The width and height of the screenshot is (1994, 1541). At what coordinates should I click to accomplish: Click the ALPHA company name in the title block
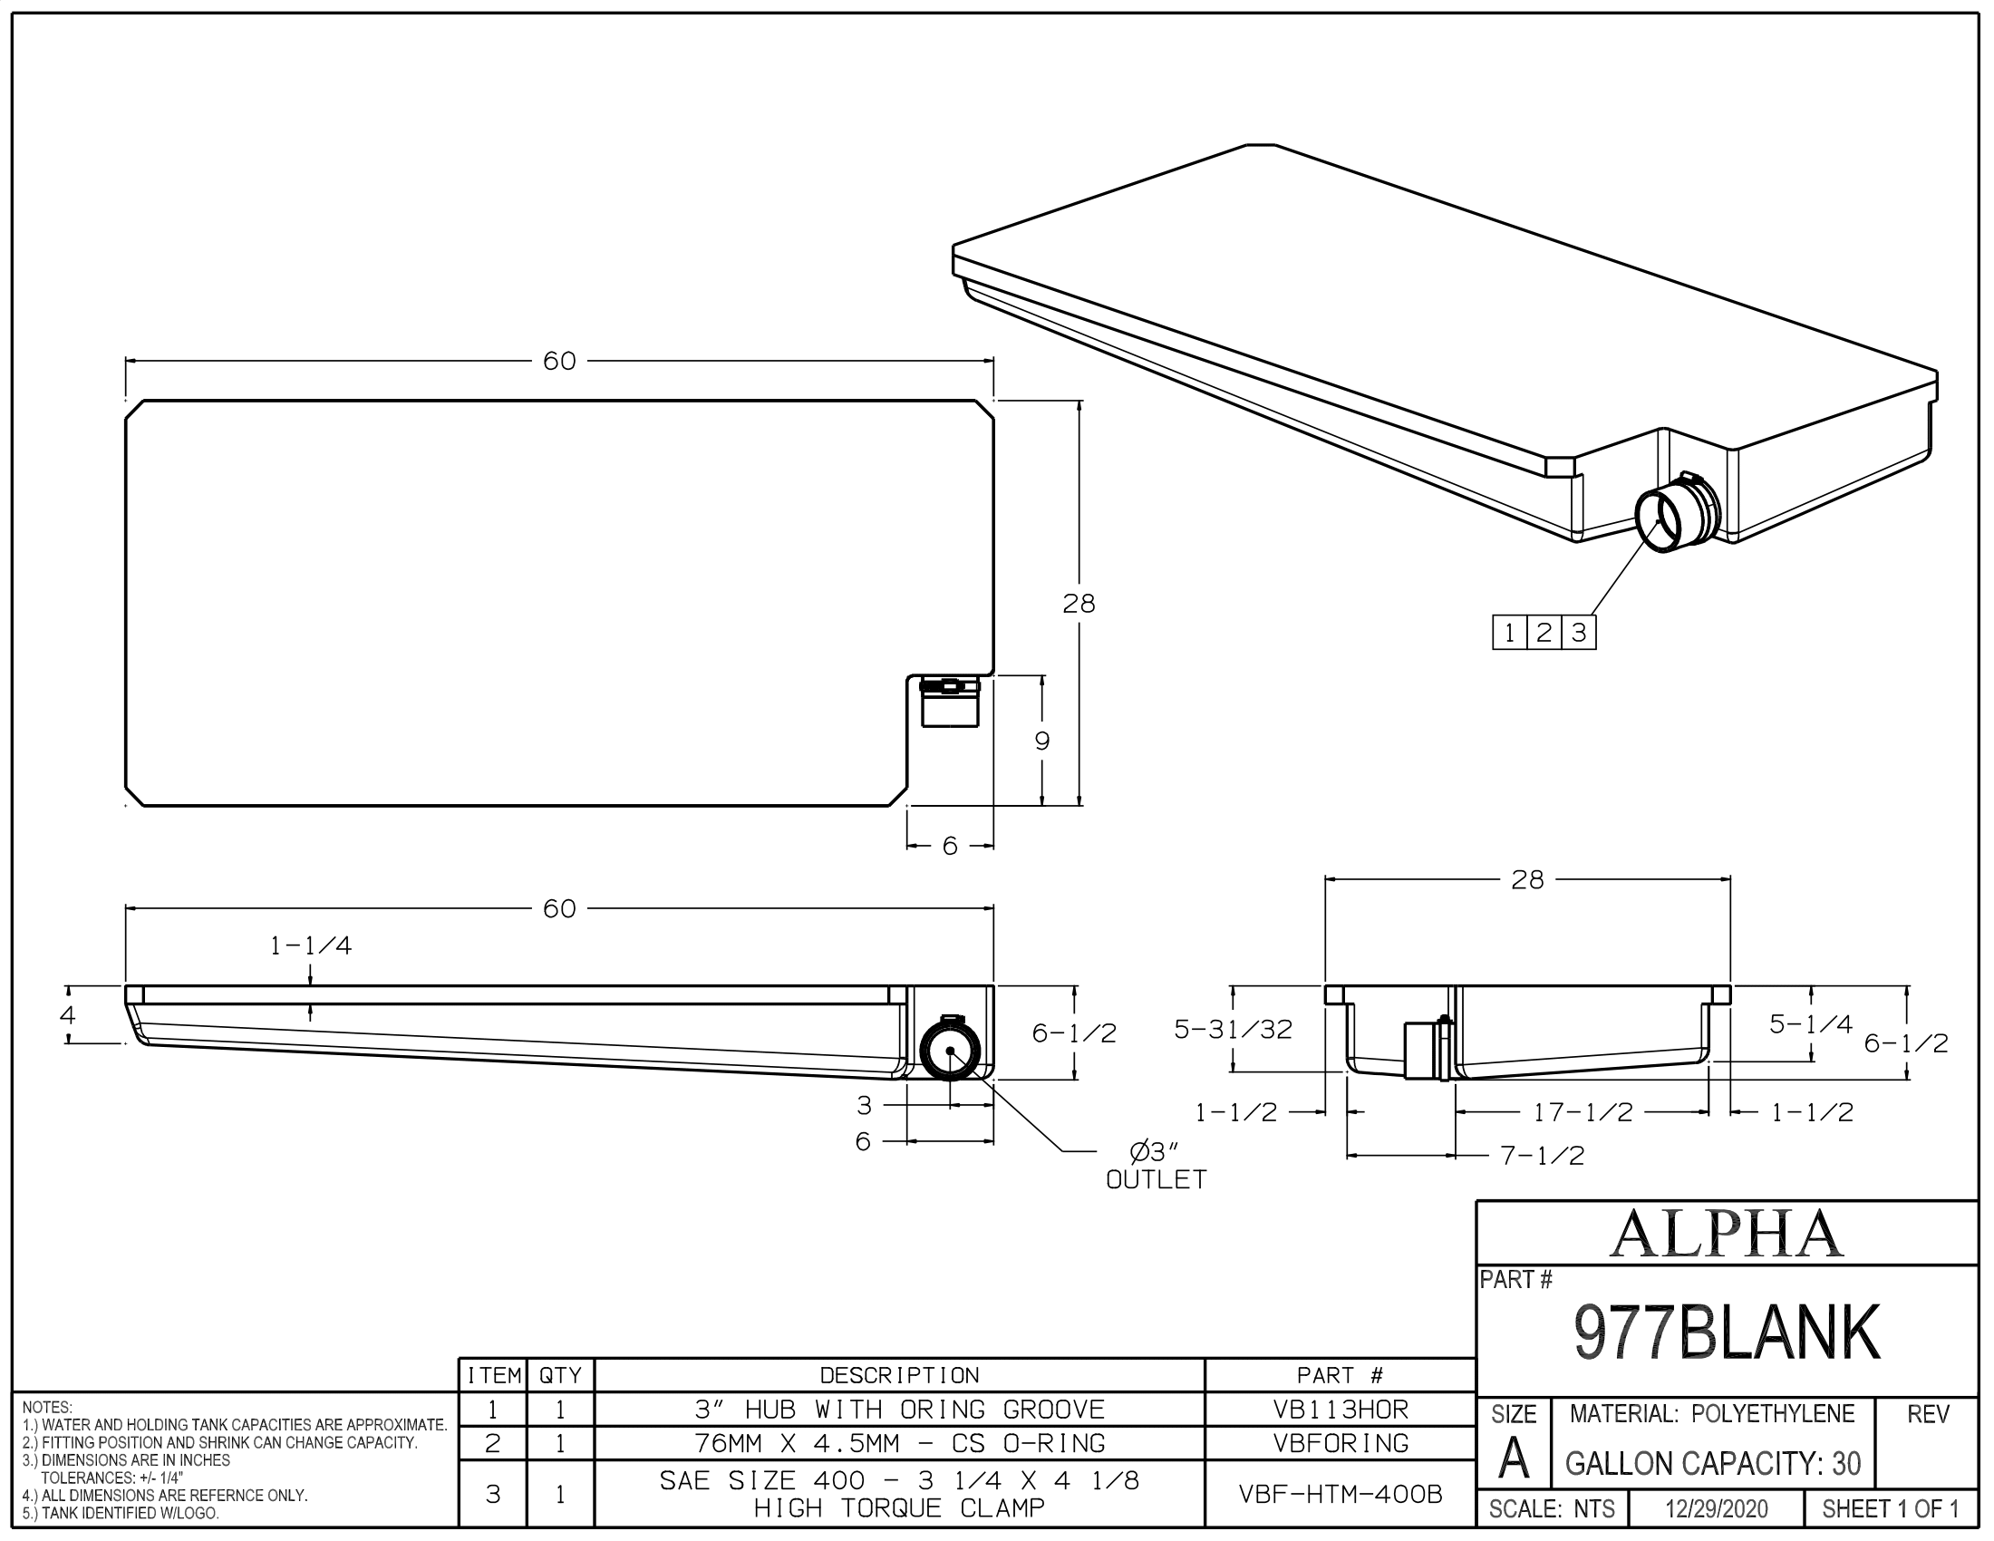[x=1726, y=1234]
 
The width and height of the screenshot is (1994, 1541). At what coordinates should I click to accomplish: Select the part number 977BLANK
[x=1726, y=1333]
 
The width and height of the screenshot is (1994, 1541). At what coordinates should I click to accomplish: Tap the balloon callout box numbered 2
[x=1544, y=633]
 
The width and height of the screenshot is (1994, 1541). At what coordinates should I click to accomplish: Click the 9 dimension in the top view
[x=1041, y=741]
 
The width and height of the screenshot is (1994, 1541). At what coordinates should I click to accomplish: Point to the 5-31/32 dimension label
[x=1233, y=1030]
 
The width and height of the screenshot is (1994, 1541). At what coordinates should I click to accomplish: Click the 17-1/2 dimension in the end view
[x=1583, y=1112]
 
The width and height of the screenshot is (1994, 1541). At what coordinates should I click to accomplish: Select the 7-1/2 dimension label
[x=1542, y=1156]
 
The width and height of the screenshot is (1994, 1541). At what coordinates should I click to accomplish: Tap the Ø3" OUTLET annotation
[x=1155, y=1166]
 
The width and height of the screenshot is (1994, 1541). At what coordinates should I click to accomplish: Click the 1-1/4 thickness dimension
[x=310, y=945]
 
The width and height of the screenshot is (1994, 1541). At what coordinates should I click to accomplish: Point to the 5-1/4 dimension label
[x=1811, y=1024]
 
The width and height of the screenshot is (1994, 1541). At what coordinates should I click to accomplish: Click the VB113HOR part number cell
[x=1341, y=1410]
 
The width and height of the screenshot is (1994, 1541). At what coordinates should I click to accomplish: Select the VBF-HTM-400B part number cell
[x=1341, y=1494]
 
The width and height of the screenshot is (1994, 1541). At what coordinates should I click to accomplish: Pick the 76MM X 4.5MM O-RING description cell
[x=899, y=1443]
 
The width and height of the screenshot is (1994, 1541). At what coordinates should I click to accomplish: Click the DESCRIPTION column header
[x=899, y=1376]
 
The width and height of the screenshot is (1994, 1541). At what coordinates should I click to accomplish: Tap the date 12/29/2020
[x=1717, y=1509]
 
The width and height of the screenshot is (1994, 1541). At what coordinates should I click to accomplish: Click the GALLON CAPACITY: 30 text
[x=1713, y=1463]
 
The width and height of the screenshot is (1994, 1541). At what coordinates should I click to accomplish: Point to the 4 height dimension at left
[x=68, y=1014]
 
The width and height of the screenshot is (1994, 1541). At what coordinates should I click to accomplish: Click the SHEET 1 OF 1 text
[x=1890, y=1509]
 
